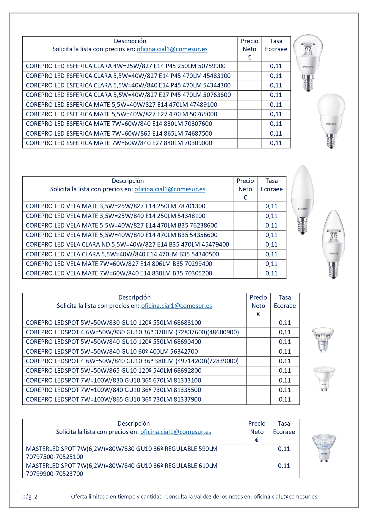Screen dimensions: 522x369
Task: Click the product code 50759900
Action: [x=212, y=66]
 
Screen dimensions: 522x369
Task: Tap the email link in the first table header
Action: [x=172, y=49]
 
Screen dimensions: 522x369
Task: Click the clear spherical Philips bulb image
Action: [x=308, y=62]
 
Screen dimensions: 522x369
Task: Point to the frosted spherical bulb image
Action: [x=331, y=120]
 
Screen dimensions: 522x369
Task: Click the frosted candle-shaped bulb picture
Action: [x=302, y=199]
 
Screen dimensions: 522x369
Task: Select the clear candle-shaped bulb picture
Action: [x=333, y=244]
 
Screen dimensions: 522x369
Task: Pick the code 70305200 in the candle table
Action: [x=198, y=273]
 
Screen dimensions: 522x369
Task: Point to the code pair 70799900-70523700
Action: [x=55, y=474]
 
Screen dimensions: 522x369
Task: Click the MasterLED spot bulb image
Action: [x=324, y=448]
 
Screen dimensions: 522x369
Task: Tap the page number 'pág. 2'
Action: [x=30, y=496]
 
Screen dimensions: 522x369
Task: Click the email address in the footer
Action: [x=285, y=496]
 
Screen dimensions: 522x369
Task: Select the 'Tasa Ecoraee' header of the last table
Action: [x=284, y=428]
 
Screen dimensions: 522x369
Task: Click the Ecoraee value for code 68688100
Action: [x=285, y=323]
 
